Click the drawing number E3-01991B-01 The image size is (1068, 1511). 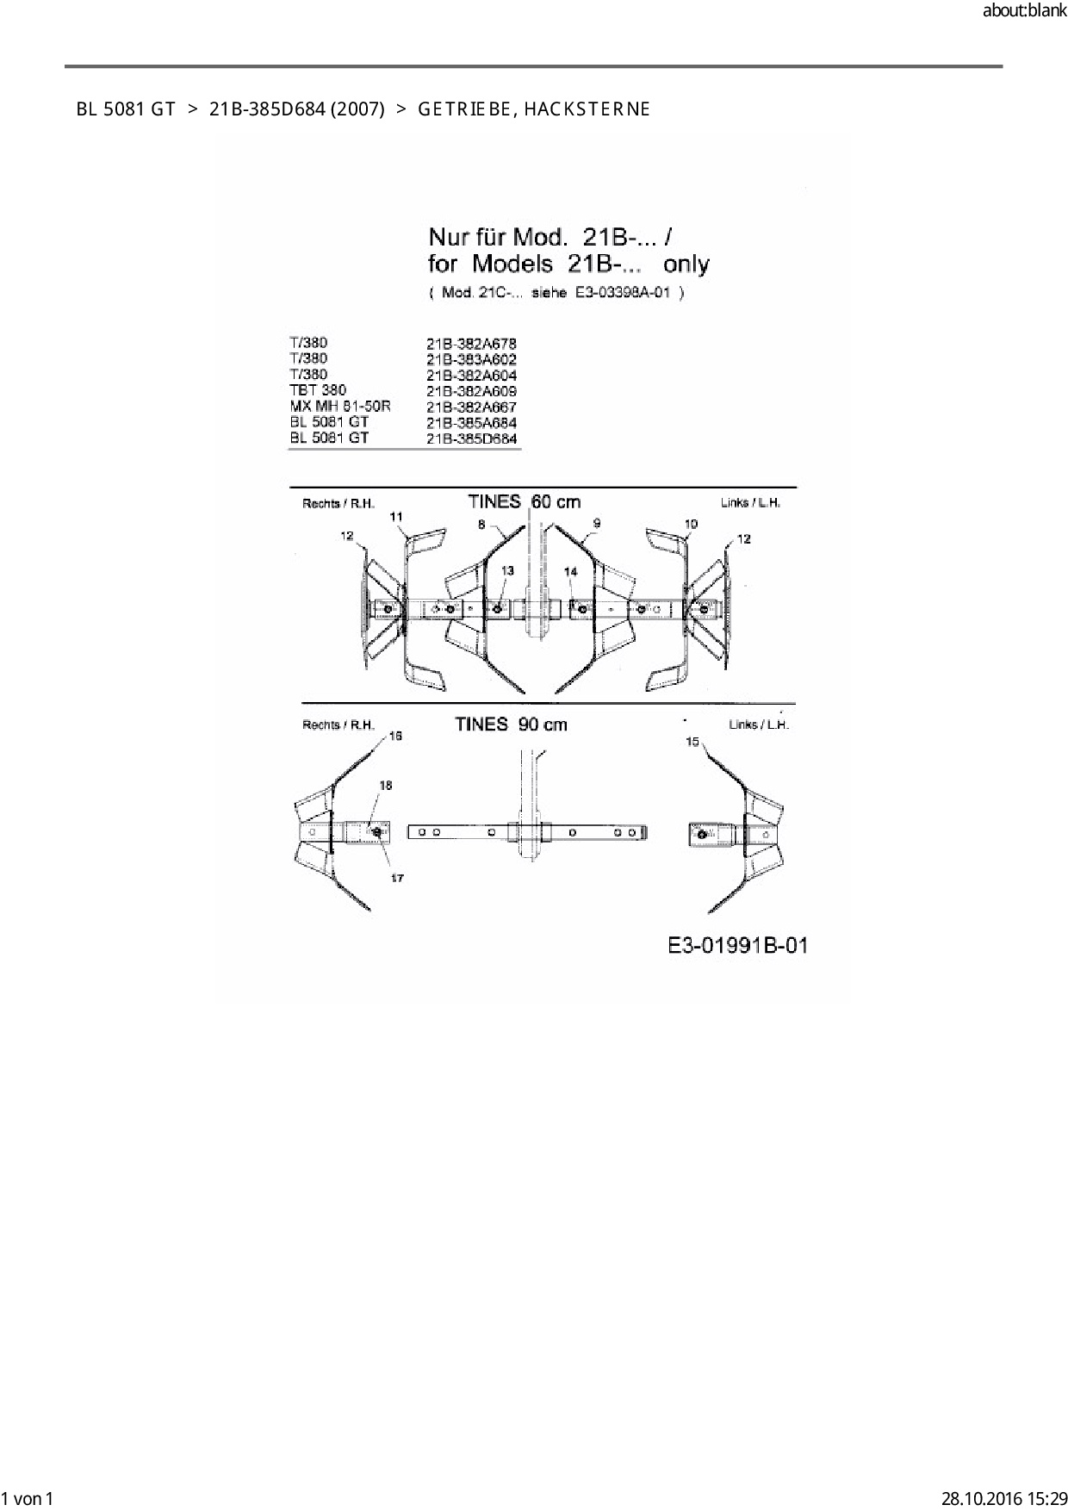(738, 946)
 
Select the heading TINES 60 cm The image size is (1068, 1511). (524, 501)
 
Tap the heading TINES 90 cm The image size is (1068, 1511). (511, 724)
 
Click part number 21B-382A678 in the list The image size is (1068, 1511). (471, 344)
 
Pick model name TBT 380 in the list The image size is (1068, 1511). (318, 390)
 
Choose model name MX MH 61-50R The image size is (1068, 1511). (340, 406)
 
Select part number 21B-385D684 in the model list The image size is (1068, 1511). (472, 439)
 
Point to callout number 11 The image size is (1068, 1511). (396, 517)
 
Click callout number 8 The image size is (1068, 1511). (481, 524)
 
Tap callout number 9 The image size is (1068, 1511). (597, 524)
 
